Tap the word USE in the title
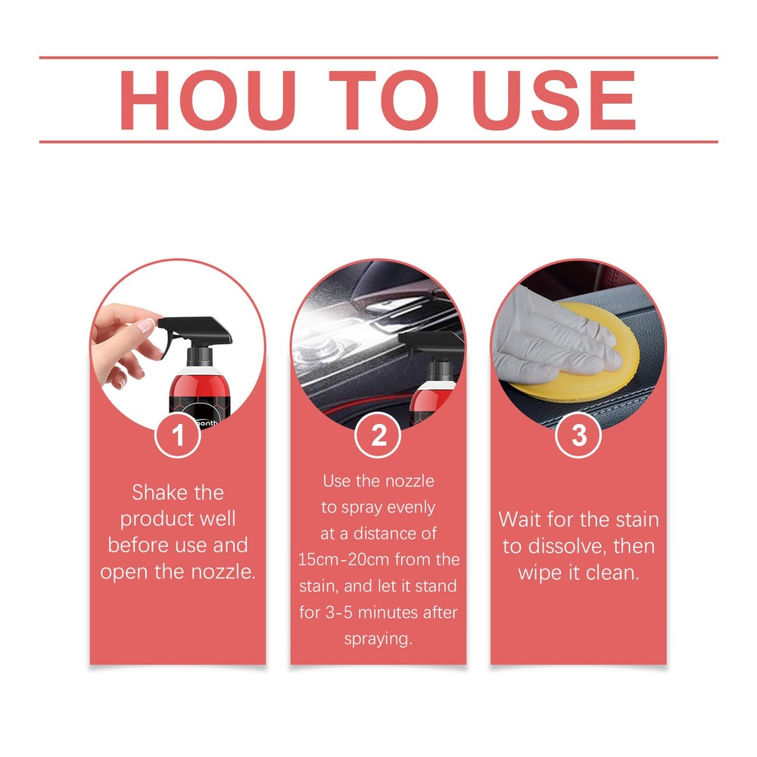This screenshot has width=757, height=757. click(554, 101)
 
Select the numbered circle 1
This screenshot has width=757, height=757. click(178, 436)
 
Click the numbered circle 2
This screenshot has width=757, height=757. click(378, 436)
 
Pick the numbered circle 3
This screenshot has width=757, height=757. click(578, 436)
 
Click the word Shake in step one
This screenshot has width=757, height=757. click(157, 493)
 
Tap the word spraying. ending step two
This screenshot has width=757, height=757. click(378, 639)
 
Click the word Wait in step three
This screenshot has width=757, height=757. click(522, 520)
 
